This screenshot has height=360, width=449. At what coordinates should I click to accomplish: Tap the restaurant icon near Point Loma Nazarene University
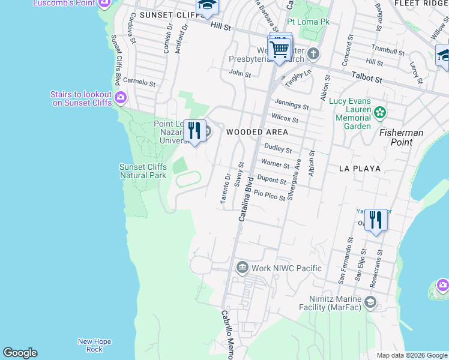tap(194, 130)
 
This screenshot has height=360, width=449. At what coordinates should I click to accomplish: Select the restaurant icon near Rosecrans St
tap(376, 220)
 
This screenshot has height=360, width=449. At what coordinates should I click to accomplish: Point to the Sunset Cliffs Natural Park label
tap(143, 171)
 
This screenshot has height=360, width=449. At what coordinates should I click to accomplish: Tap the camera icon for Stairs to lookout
tap(121, 97)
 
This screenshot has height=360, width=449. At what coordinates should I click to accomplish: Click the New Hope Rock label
tap(94, 345)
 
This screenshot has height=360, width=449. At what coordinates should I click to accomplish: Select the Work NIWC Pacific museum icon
tap(242, 268)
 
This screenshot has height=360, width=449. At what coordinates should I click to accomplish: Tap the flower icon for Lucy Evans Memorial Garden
tap(379, 112)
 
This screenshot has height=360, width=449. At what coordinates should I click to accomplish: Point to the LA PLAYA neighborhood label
tap(360, 169)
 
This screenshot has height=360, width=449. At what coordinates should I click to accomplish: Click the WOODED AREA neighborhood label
tap(257, 131)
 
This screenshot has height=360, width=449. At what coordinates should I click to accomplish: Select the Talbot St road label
tap(367, 79)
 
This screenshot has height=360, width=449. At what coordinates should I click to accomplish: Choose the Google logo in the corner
tap(20, 353)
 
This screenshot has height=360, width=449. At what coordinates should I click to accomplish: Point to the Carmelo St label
tap(140, 84)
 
